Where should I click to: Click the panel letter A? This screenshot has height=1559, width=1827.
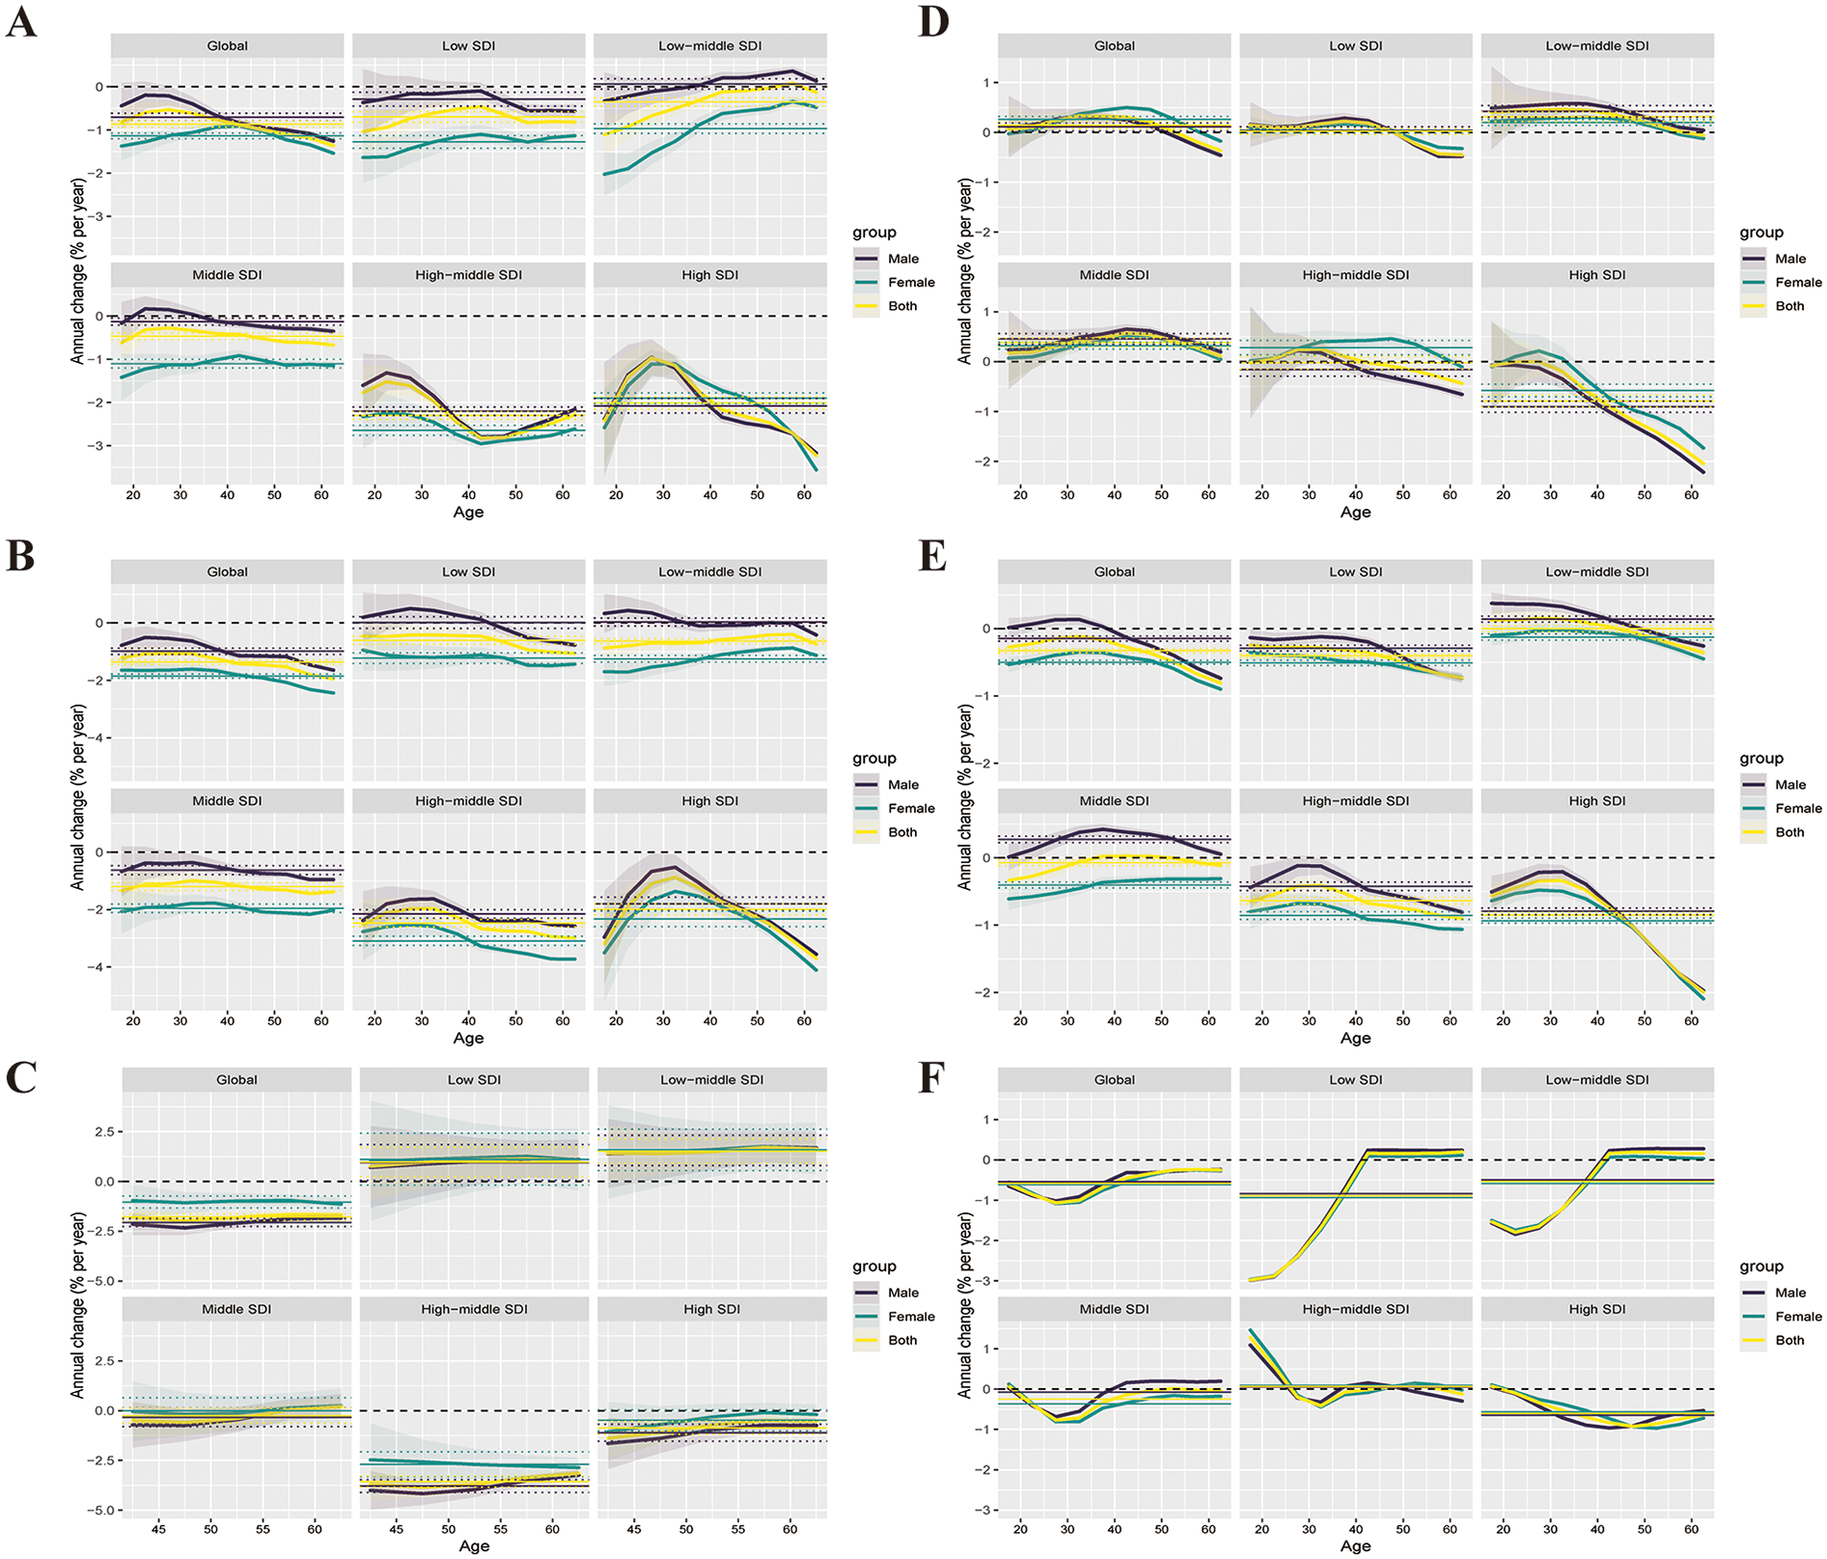click(x=21, y=21)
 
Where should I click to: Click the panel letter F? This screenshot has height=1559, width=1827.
click(x=929, y=1077)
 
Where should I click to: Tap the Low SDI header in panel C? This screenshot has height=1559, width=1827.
click(x=474, y=1079)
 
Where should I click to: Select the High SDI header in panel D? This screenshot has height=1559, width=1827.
click(x=1596, y=275)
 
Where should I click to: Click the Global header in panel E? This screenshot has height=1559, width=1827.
click(x=1114, y=571)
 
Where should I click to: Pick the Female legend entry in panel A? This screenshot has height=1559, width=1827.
click(x=911, y=282)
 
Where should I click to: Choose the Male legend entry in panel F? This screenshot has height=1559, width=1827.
click(x=1789, y=1293)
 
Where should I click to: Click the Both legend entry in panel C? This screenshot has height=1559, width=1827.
click(x=902, y=1340)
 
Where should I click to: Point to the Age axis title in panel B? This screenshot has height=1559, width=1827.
click(x=468, y=1038)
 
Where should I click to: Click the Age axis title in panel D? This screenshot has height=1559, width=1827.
click(x=1355, y=512)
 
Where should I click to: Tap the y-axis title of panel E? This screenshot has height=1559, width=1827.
click(x=965, y=796)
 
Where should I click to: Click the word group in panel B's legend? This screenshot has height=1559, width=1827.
click(x=873, y=759)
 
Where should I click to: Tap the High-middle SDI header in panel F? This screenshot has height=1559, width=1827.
click(x=1355, y=1309)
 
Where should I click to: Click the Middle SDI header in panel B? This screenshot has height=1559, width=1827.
click(x=227, y=801)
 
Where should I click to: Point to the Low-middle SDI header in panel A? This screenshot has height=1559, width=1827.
click(x=709, y=45)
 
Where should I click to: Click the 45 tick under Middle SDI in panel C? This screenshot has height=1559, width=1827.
click(x=158, y=1529)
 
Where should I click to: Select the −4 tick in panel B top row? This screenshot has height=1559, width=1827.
click(x=97, y=738)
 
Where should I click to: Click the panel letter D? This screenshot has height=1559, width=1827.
click(x=933, y=21)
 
